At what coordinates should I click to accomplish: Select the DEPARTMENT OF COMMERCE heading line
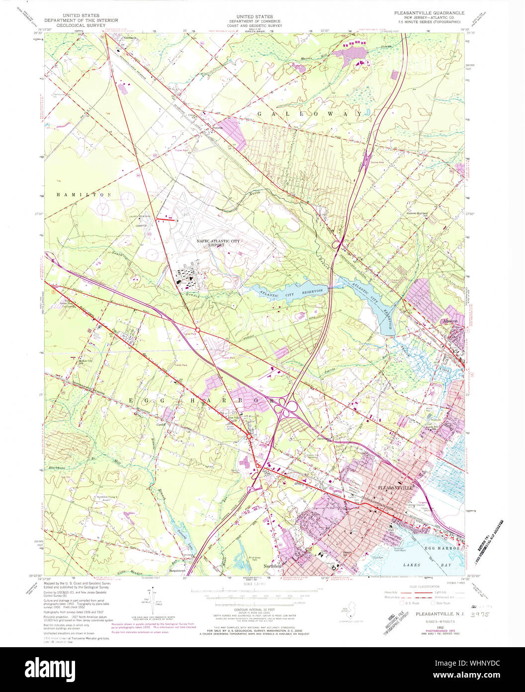255,21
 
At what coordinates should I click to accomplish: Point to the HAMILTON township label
84,195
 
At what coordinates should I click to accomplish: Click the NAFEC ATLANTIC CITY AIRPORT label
218,243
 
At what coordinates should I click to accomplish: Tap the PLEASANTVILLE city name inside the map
396,488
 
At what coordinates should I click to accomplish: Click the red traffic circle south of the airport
198,330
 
